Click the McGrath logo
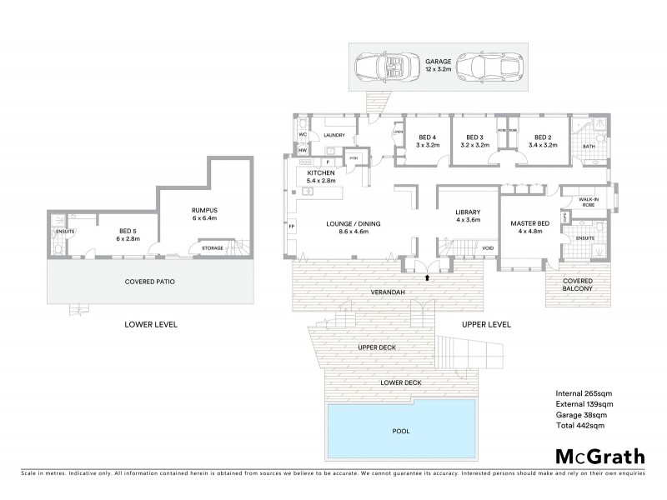coord(599,456)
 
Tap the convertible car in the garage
coord(382,66)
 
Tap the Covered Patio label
coord(150,282)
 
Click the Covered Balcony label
coord(578,284)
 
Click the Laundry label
coord(334,134)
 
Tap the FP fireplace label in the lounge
coord(292,225)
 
